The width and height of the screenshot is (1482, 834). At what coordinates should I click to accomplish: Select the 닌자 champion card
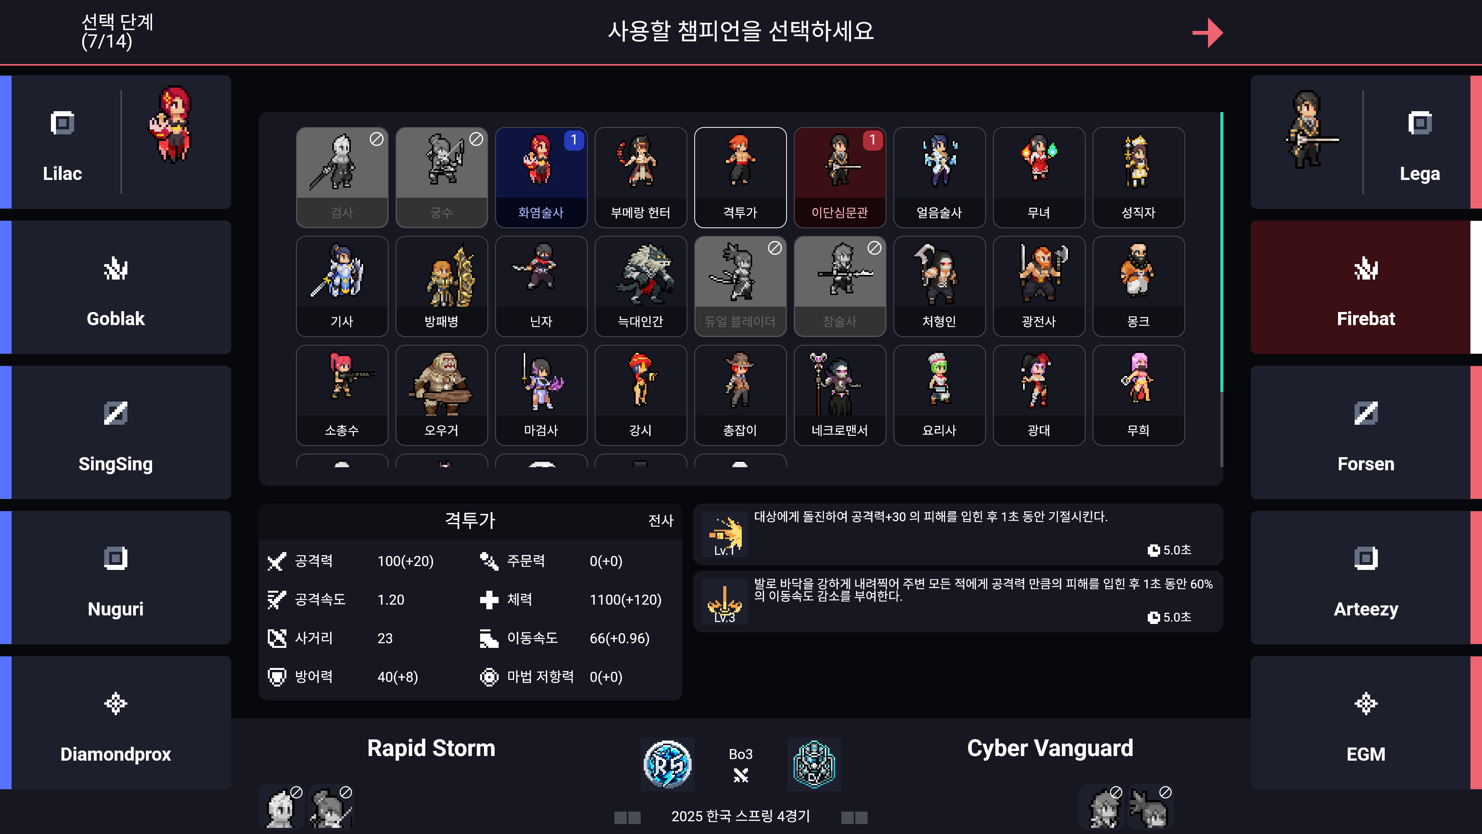[541, 286]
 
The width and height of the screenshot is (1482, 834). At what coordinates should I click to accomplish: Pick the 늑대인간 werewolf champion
[640, 286]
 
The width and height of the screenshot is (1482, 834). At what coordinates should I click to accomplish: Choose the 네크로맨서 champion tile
[839, 395]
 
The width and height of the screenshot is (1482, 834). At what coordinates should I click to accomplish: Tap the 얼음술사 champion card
[939, 177]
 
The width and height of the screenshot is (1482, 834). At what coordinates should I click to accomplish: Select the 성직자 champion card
[1138, 177]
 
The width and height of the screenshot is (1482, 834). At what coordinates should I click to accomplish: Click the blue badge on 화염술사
[574, 140]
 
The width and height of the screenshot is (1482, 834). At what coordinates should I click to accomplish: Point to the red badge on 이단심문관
[872, 140]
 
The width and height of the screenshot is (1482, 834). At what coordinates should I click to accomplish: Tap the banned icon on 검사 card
[376, 139]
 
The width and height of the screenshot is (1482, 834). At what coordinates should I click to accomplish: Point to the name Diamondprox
[116, 754]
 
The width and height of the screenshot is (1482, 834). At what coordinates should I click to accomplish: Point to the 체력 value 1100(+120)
[625, 600]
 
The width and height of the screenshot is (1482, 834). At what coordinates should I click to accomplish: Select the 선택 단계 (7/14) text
[117, 32]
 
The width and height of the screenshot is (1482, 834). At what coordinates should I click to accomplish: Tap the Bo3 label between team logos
[741, 754]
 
